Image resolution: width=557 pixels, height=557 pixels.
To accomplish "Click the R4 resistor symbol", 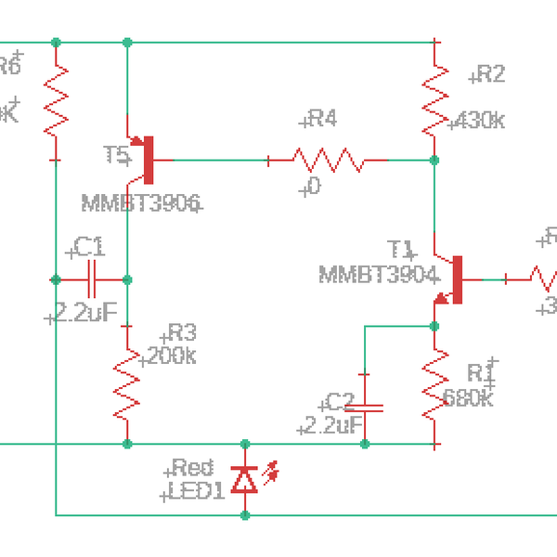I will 328,160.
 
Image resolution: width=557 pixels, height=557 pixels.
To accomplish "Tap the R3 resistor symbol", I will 127,383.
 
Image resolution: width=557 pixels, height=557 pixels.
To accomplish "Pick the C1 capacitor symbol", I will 91,278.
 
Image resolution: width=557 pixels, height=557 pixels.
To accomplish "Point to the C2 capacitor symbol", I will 364,407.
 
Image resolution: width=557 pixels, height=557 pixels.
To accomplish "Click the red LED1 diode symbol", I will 245,479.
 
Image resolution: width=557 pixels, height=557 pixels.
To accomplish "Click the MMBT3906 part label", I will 141,203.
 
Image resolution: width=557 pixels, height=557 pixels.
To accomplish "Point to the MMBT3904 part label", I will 377,275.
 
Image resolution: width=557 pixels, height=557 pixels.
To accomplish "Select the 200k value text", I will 170,356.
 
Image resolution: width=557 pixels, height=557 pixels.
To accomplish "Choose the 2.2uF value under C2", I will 330,426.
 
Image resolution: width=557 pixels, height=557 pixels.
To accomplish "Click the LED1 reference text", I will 196,491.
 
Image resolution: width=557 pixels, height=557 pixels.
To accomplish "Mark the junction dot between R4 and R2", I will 434,160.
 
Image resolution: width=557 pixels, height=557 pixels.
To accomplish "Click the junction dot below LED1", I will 245,513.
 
